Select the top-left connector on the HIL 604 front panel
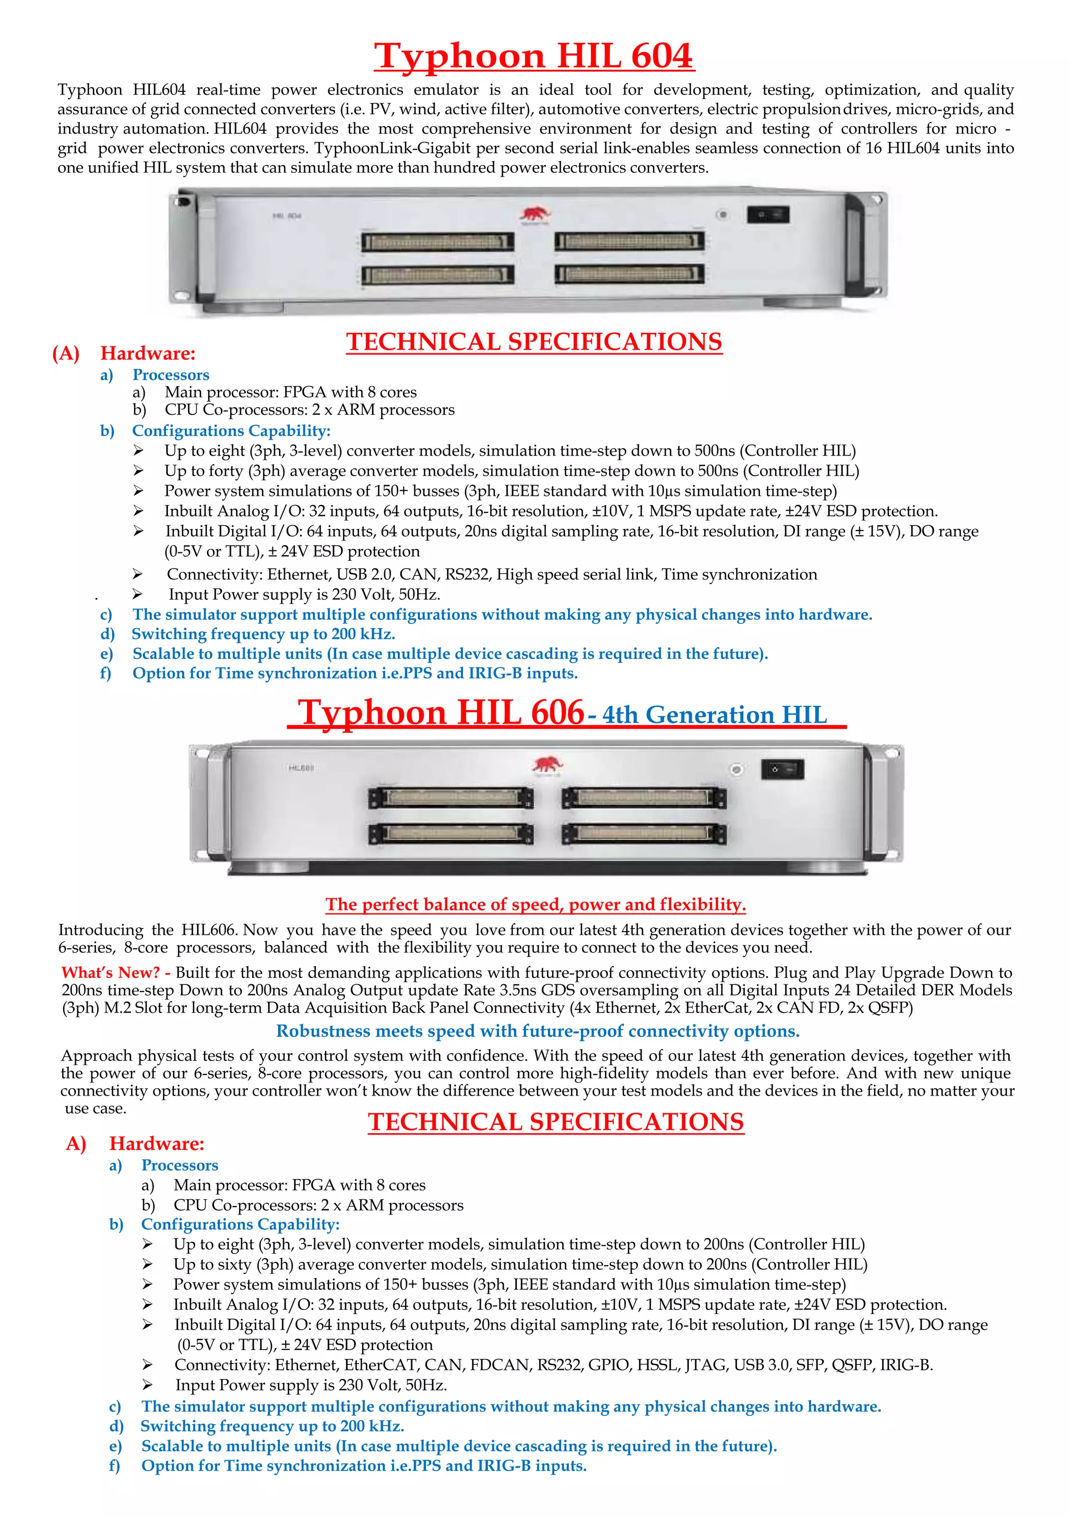pyautogui.click(x=437, y=242)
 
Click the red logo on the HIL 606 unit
pyautogui.click(x=547, y=765)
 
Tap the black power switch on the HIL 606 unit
pyautogui.click(x=783, y=769)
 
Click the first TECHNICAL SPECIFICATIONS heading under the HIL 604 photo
pyautogui.click(x=533, y=342)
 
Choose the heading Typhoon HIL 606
pyautogui.click(x=441, y=713)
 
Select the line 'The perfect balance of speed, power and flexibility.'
pyautogui.click(x=536, y=904)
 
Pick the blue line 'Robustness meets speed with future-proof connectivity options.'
pyautogui.click(x=538, y=1031)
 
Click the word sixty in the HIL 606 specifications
pyautogui.click(x=236, y=1264)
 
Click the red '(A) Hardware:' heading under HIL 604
pyautogui.click(x=124, y=354)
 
